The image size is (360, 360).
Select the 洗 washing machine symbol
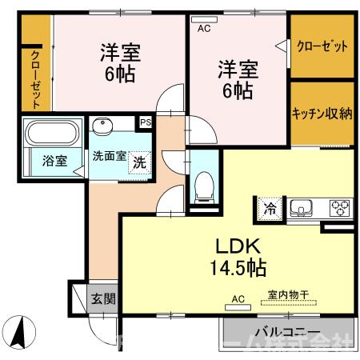coord(139,159)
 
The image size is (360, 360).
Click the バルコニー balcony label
coord(287,332)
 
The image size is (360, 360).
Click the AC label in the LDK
coord(237,298)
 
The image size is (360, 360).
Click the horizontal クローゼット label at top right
coord(322,46)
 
